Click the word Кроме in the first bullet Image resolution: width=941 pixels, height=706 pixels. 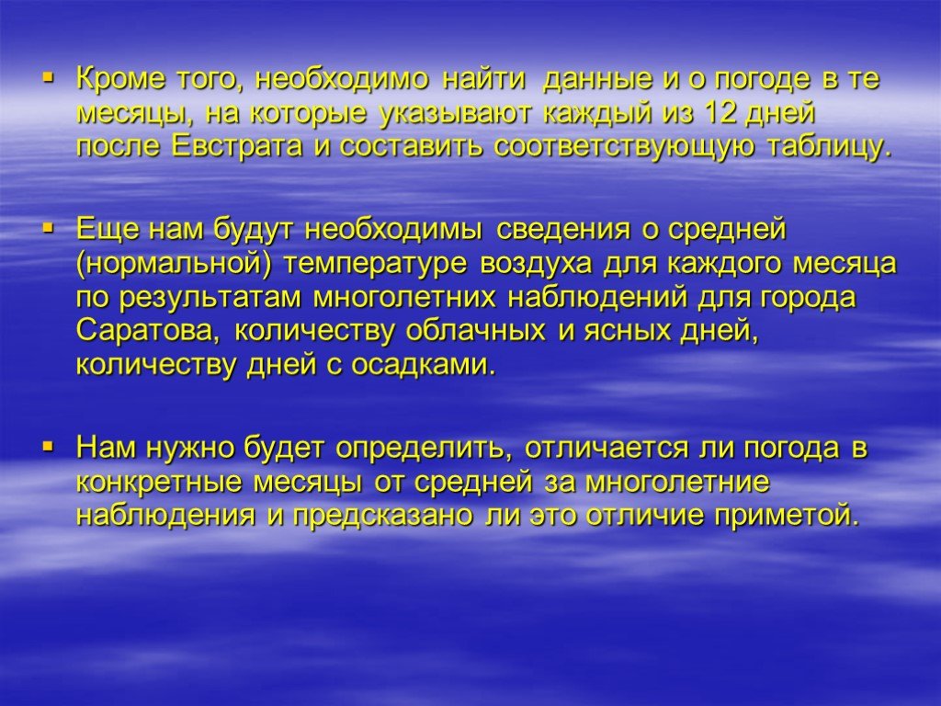point(119,79)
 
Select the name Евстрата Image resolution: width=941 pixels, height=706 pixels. point(237,146)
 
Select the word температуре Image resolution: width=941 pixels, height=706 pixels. point(375,265)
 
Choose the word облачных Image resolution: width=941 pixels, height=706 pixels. point(476,330)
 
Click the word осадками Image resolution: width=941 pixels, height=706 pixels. point(424,364)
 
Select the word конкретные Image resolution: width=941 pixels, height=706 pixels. point(159,482)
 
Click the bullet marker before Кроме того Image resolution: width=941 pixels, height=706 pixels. point(49,77)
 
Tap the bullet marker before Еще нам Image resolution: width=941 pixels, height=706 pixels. point(49,228)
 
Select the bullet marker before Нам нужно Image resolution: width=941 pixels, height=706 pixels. point(49,446)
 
